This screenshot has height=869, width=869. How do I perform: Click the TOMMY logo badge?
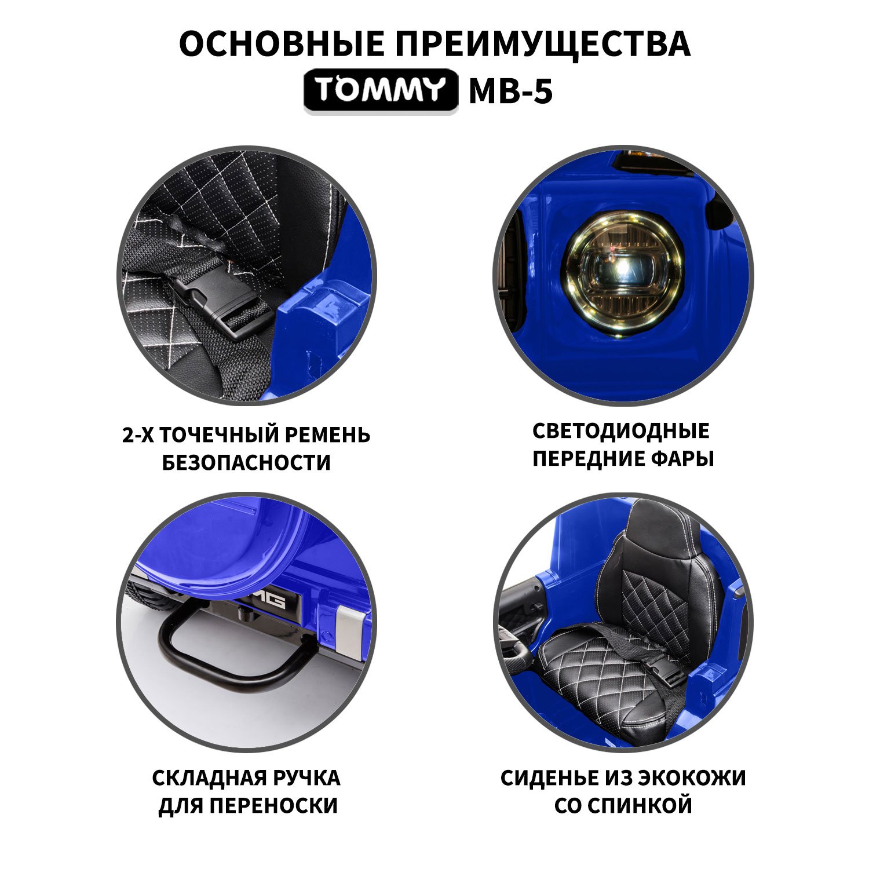click(381, 90)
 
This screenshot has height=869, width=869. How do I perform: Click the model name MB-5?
click(510, 90)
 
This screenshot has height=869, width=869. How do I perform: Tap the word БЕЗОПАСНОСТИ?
click(246, 463)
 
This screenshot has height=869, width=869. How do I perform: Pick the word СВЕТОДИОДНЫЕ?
click(620, 431)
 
